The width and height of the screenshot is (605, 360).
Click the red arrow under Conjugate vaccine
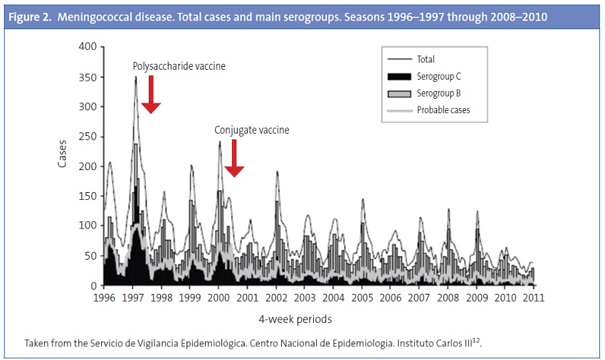(x=234, y=158)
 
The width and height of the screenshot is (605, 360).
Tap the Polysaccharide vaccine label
(x=179, y=66)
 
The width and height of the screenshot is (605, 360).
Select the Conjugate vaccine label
(x=252, y=130)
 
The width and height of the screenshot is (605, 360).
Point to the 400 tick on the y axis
(x=87, y=47)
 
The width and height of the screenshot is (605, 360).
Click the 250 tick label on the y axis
(x=87, y=137)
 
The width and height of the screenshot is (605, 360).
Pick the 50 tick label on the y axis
(x=90, y=256)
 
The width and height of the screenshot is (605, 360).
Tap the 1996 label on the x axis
(x=105, y=297)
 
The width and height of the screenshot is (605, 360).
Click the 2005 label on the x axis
(x=363, y=297)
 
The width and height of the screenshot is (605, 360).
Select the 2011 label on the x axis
(x=534, y=297)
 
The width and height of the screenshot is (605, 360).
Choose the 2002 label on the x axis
(x=276, y=297)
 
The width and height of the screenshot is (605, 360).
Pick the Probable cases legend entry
(x=443, y=110)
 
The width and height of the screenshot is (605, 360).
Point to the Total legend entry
(x=426, y=60)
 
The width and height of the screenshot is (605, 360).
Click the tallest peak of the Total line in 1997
(x=135, y=77)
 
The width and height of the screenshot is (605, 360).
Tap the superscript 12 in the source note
(x=478, y=340)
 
